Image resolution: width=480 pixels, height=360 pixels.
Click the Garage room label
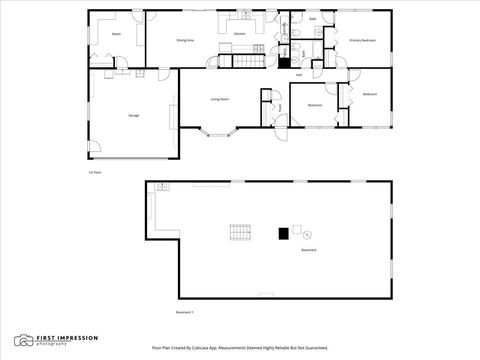click(133, 116)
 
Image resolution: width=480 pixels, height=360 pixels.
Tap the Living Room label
click(220, 99)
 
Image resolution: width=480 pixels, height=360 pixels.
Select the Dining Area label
click(185, 41)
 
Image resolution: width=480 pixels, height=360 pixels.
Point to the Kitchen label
click(240, 34)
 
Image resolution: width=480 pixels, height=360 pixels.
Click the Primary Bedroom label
click(362, 41)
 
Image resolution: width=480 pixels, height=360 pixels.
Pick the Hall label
click(299, 75)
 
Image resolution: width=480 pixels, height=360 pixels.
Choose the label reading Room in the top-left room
click(116, 34)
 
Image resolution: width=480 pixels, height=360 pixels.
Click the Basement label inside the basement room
click(309, 250)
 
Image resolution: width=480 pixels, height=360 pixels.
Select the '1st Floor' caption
click(93, 172)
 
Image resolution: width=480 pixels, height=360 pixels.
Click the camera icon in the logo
click(22, 340)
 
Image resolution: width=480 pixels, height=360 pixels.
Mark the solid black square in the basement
click(284, 233)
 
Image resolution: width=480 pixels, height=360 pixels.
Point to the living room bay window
click(220, 130)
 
